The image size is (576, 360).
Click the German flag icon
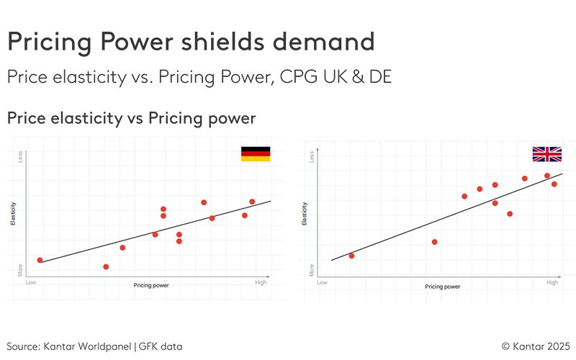256,153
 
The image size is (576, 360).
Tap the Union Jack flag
546,154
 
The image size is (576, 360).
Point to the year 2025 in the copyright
556,346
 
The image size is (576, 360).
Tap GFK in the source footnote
151,346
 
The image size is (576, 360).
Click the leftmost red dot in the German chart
40,260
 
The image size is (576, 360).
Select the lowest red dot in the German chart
106,267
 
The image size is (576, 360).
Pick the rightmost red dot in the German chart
252,202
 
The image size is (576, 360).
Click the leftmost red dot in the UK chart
351,256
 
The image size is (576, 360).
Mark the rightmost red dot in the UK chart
554,184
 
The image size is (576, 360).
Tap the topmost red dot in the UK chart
547,176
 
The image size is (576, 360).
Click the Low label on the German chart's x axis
31,283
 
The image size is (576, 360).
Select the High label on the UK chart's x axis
552,283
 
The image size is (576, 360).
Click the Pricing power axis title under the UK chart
443,287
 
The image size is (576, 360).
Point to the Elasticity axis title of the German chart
13,215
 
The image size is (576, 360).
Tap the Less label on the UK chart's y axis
311,156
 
